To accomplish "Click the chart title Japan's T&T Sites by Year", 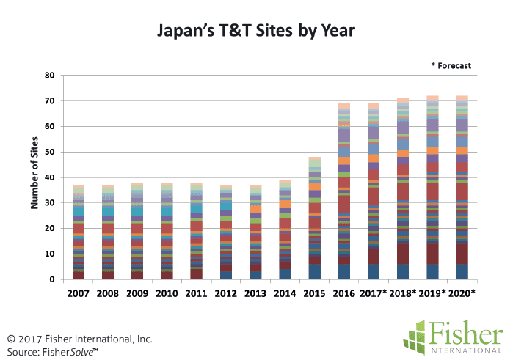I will [256, 31].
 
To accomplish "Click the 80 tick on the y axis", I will [50, 76].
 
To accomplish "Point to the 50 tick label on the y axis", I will [50, 152].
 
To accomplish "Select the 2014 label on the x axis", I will [285, 293].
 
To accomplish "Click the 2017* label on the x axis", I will [374, 293].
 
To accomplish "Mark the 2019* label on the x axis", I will [433, 293].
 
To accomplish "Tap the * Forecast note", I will [451, 66].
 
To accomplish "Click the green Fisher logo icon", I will [417, 336].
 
